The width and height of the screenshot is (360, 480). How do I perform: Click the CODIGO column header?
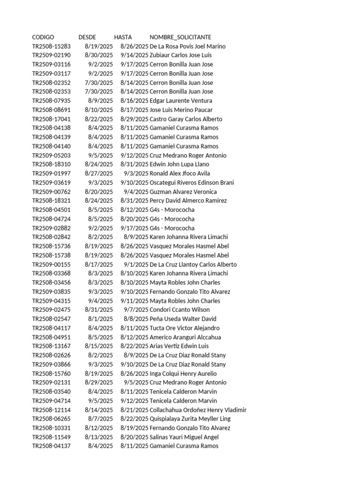click(43, 37)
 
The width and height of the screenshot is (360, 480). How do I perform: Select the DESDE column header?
click(87, 37)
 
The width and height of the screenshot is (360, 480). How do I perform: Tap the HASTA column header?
click(123, 37)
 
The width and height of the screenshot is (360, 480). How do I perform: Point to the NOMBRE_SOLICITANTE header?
click(180, 37)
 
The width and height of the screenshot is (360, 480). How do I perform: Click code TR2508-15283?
click(51, 46)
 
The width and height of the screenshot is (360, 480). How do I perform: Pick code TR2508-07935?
click(51, 101)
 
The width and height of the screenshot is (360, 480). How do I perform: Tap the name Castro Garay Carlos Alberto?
click(186, 119)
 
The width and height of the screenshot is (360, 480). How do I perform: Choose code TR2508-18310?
click(51, 165)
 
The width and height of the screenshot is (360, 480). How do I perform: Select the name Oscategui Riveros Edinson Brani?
click(191, 183)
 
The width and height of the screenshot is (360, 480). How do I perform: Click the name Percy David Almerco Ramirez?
click(188, 201)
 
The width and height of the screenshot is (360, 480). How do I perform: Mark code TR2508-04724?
click(51, 219)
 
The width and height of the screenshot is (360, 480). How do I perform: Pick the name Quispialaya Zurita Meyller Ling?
click(190, 419)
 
